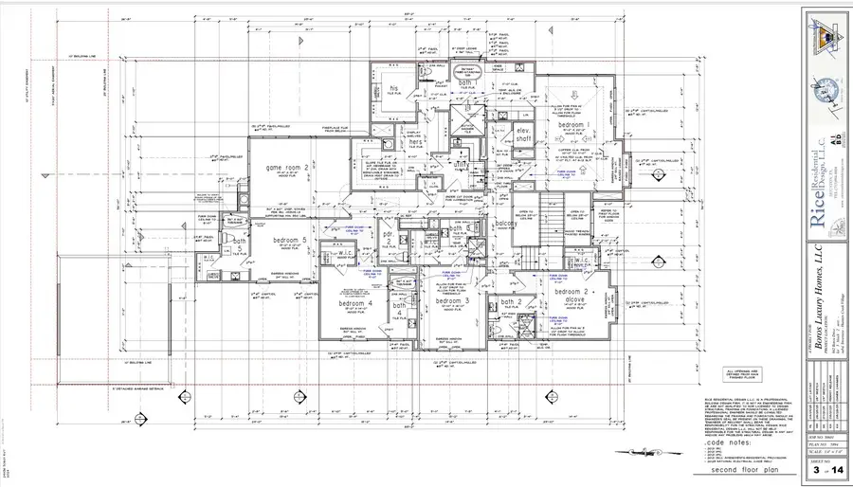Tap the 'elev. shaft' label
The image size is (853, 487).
[x=523, y=135]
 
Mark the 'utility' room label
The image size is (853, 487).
[x=463, y=164]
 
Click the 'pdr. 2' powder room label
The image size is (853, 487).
[x=389, y=239]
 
